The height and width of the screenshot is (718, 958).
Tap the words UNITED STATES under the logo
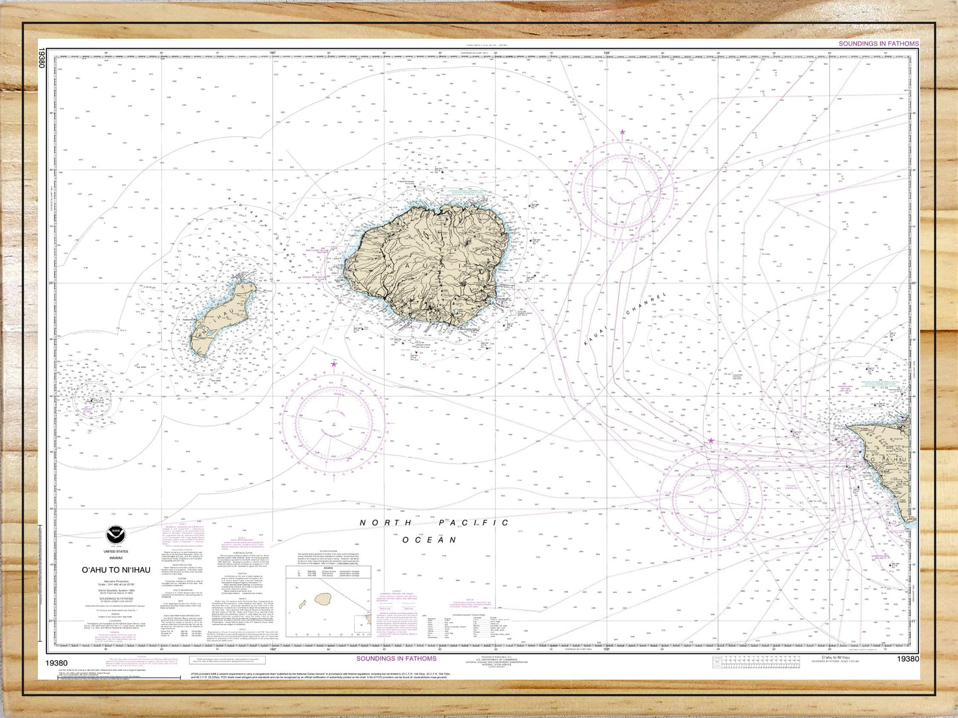116,551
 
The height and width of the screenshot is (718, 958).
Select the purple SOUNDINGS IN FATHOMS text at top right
878,44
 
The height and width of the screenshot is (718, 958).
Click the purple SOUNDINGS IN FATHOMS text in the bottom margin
396,658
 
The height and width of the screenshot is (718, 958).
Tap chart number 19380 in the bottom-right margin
908,658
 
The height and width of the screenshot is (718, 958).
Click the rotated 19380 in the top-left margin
42,58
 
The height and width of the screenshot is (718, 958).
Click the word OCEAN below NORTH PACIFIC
430,540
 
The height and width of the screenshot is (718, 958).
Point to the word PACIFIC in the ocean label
474,523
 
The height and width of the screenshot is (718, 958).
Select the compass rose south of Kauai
333,423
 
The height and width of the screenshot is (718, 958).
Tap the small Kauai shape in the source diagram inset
324,599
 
